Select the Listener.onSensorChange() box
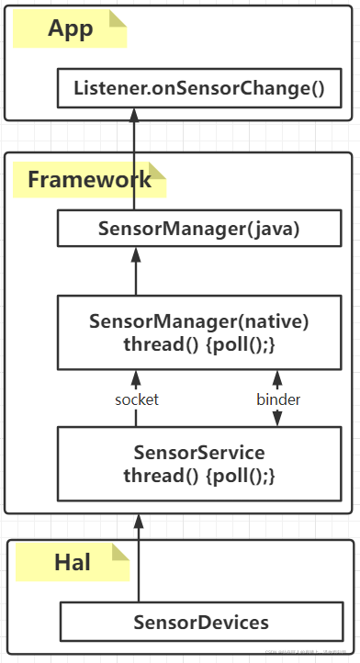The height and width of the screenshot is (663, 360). pos(199,88)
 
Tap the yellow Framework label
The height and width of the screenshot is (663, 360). pos(89,178)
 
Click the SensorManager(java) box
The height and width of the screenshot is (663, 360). pos(199,229)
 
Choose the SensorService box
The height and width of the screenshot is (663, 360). pos(199,464)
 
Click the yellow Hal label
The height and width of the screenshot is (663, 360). pos(73,561)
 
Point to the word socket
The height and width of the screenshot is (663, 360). pos(137,399)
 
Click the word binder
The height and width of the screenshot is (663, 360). pos(276,399)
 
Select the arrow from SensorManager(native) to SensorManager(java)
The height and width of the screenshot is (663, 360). pos(136,271)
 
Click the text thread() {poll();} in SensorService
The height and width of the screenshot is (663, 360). pos(199,476)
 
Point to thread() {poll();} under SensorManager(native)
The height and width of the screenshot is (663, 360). pos(199,343)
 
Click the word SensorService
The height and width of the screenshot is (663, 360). pos(199,452)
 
